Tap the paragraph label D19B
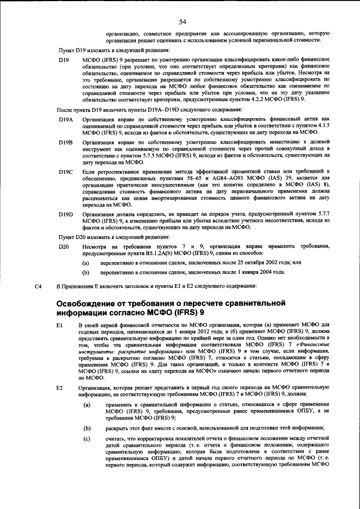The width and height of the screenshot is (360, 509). (66, 143)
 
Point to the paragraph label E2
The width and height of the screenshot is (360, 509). (60, 388)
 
